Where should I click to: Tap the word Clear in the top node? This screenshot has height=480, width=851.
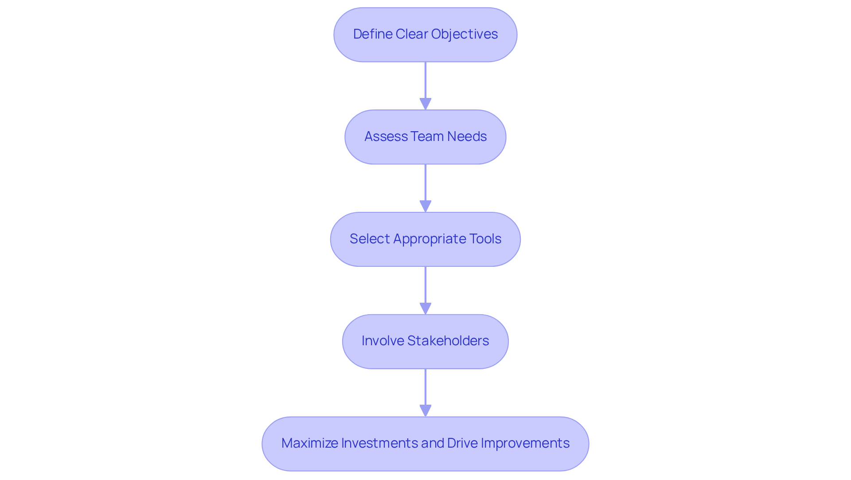tap(411, 34)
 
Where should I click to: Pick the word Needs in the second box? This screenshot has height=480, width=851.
tap(467, 137)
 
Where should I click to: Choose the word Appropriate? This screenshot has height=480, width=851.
tap(429, 239)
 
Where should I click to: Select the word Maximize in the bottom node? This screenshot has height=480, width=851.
tap(309, 443)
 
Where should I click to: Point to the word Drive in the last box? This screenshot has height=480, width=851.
tap(462, 443)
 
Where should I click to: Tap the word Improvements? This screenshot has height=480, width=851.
tap(525, 443)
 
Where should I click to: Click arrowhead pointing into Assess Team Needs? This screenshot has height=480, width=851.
tap(425, 104)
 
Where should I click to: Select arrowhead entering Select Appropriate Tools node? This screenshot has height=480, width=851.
tap(425, 207)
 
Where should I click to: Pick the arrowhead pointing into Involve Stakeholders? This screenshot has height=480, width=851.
tap(425, 309)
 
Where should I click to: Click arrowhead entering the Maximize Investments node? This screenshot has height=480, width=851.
tap(425, 411)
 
